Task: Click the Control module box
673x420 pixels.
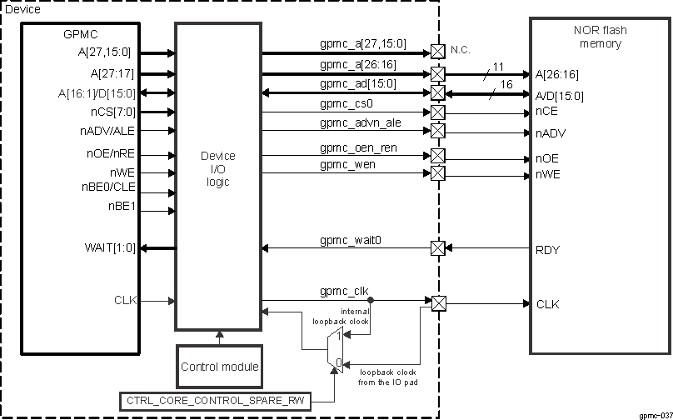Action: click(x=220, y=366)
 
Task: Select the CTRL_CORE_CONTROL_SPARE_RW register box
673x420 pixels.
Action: click(x=216, y=402)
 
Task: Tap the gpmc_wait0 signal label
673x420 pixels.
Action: click(x=351, y=241)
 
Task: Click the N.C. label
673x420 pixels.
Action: click(x=461, y=50)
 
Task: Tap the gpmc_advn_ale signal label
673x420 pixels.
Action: click(x=360, y=123)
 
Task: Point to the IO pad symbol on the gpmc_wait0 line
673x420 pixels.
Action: click(x=438, y=248)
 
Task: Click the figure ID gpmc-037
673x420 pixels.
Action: click(x=655, y=414)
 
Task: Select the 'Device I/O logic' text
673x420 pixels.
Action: click(x=219, y=169)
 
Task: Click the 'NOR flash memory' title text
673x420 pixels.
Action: click(x=601, y=37)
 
